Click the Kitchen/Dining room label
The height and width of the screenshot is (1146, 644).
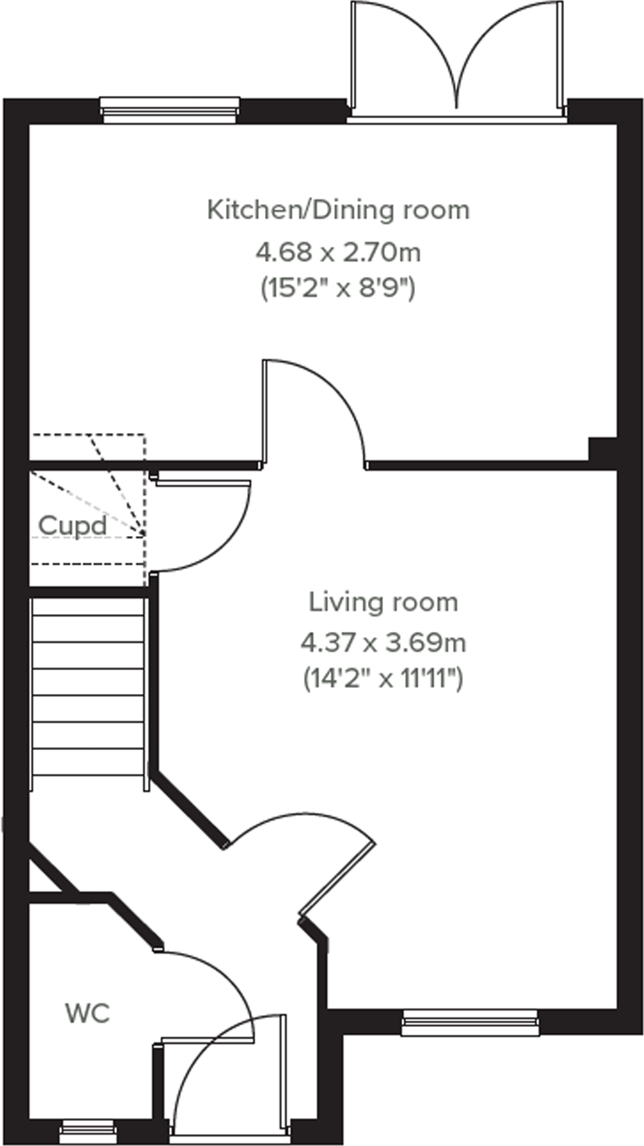click(338, 210)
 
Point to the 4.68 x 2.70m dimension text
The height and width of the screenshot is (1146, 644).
click(338, 252)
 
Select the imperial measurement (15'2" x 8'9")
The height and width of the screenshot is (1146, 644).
click(338, 288)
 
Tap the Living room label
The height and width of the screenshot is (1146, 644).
click(383, 602)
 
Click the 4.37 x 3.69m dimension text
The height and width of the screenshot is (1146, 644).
click(383, 642)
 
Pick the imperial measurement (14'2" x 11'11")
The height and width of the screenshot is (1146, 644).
click(383, 679)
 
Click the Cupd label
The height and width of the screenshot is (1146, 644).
click(72, 526)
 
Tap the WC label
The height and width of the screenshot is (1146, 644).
click(87, 1012)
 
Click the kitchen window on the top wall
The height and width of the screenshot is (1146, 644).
click(170, 109)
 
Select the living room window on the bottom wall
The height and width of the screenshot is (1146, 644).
click(470, 1022)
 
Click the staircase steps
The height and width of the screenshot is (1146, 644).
click(87, 694)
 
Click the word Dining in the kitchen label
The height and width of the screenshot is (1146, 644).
click(350, 210)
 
